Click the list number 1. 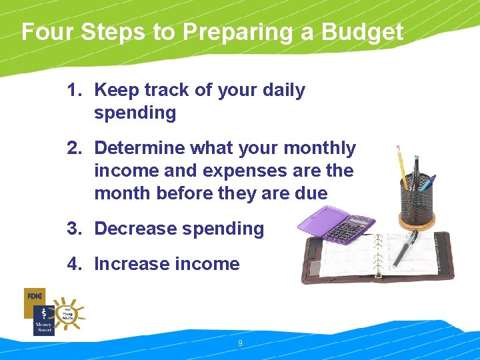[74, 90]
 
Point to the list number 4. [74, 264]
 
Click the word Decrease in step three [136, 229]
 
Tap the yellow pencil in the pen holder [403, 167]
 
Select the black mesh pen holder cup [417, 200]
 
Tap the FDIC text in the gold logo [35, 295]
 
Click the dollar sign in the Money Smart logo [43, 313]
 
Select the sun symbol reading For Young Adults [67, 313]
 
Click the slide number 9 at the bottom [240, 343]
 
